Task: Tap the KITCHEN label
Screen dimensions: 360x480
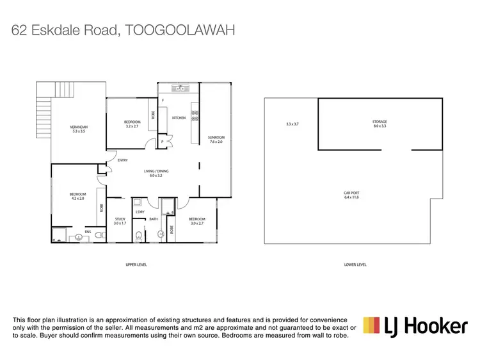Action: (179, 118)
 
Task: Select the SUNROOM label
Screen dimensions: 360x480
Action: (216, 137)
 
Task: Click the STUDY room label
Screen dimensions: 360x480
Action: (120, 220)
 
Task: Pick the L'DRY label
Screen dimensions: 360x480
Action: (140, 211)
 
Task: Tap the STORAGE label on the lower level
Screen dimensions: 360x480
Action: (380, 121)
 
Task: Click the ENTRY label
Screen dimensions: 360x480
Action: (122, 160)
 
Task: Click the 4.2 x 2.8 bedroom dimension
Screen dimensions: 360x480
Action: (78, 198)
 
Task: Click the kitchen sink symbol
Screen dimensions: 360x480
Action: (181, 88)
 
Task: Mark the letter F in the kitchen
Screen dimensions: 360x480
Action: (163, 101)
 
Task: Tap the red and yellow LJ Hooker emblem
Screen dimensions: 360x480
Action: (372, 326)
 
